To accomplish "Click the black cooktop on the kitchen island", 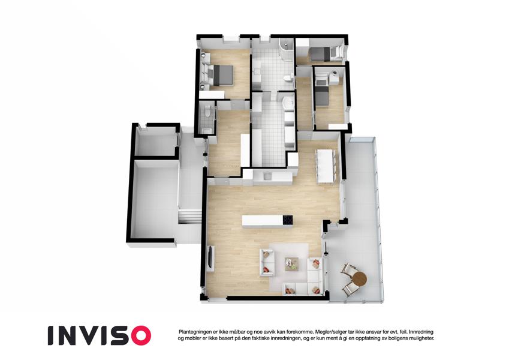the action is coord(288,220).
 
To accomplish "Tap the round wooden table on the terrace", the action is coord(359,278).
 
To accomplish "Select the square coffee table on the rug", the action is coord(291,263).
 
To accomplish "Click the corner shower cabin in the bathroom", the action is coord(287,49).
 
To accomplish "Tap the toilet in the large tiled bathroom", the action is coord(288,78).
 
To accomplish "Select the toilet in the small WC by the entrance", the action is coord(207,112).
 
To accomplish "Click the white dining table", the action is coord(325,166).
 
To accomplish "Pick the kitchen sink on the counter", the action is coord(267,176).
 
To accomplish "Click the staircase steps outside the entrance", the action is coord(189,216).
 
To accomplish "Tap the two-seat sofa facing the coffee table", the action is coord(267,263).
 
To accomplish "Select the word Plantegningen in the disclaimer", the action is coord(194,332).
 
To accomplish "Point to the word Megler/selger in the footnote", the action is coord(329,332).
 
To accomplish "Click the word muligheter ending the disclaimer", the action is coord(421,338).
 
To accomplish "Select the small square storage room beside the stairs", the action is coord(155,142).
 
